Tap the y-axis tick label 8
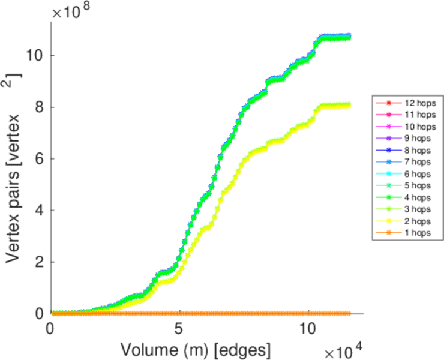(x=39, y=107)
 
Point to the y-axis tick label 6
(x=39, y=158)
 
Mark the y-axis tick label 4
(x=39, y=210)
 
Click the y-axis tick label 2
(x=39, y=262)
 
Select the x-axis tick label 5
(x=179, y=329)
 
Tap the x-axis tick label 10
(x=307, y=329)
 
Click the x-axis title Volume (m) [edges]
(x=196, y=348)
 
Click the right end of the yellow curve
(x=349, y=105)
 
